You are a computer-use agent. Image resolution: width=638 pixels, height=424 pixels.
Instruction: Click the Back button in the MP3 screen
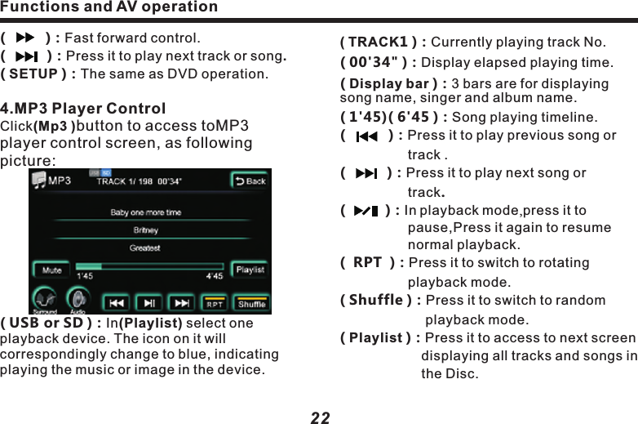[250, 181]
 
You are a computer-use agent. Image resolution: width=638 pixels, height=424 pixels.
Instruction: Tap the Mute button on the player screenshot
[51, 270]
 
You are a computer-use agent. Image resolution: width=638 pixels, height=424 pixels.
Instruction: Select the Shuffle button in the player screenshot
[251, 303]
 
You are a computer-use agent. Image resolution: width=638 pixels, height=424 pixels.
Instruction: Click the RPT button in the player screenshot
[215, 303]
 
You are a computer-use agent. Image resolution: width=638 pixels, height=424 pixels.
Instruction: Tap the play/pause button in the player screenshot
[149, 303]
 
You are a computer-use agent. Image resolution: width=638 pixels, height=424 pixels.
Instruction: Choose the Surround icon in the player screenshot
[46, 300]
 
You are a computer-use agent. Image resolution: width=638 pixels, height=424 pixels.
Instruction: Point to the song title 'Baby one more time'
[146, 212]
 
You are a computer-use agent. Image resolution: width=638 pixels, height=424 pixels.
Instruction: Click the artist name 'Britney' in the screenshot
[145, 230]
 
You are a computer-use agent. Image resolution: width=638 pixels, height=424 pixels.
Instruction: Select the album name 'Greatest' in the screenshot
[145, 248]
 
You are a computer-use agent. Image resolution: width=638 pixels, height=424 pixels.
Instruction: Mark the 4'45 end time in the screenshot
[215, 276]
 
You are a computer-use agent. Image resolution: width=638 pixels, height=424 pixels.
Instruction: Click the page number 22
[321, 417]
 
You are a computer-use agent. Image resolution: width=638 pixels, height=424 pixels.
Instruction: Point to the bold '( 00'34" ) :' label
[378, 63]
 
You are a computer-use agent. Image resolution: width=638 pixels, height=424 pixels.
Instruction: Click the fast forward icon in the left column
[26, 38]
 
